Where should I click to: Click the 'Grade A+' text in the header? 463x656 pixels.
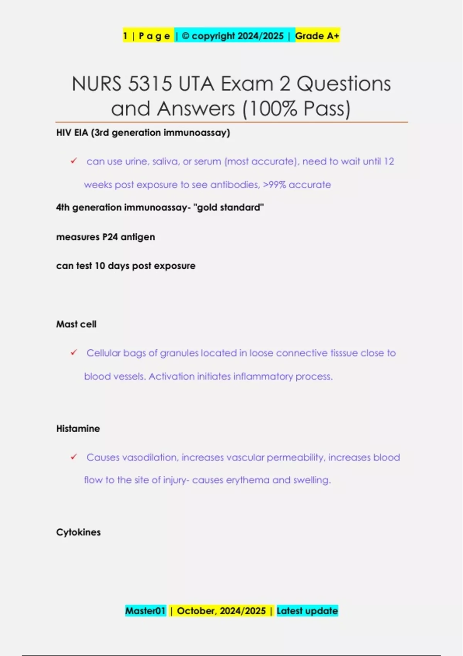317,36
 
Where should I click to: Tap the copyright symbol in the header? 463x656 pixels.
186,36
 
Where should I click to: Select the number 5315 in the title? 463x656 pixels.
150,84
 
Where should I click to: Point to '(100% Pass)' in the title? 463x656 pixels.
296,109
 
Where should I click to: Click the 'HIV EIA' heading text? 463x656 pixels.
72,133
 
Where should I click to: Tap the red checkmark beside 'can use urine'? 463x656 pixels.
74,161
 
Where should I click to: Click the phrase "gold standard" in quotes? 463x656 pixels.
228,207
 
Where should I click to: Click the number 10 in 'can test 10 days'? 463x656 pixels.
100,266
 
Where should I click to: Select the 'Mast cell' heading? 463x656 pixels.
76,324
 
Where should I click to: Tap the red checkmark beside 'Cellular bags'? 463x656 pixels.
74,352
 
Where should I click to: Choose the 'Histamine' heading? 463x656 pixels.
78,428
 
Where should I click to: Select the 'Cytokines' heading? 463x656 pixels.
78,532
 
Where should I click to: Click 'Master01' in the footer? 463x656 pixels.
145,611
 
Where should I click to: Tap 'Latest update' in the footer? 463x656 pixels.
307,611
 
